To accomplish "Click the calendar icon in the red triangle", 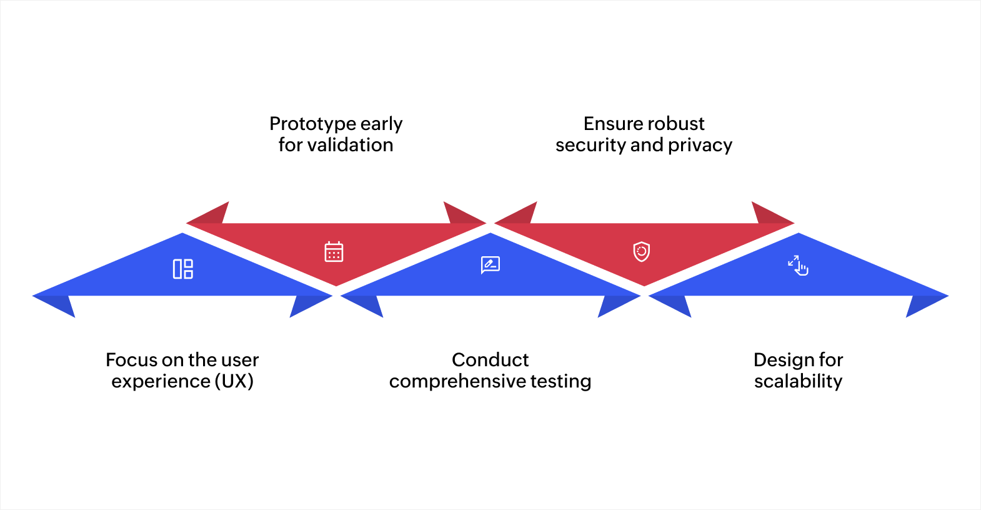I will [334, 251].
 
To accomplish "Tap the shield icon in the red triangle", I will [642, 251].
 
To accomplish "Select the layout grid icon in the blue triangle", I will [183, 269].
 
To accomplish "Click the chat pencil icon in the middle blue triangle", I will [490, 264].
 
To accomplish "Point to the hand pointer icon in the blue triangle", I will [798, 265].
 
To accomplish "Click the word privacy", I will [700, 145].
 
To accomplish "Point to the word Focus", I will [131, 360].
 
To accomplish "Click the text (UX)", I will [234, 381].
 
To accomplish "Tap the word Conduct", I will [490, 360].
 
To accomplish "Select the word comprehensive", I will [457, 381].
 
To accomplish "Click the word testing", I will [560, 381].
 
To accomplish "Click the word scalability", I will [798, 381].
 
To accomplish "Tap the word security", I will [590, 145].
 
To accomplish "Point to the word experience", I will [161, 381].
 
